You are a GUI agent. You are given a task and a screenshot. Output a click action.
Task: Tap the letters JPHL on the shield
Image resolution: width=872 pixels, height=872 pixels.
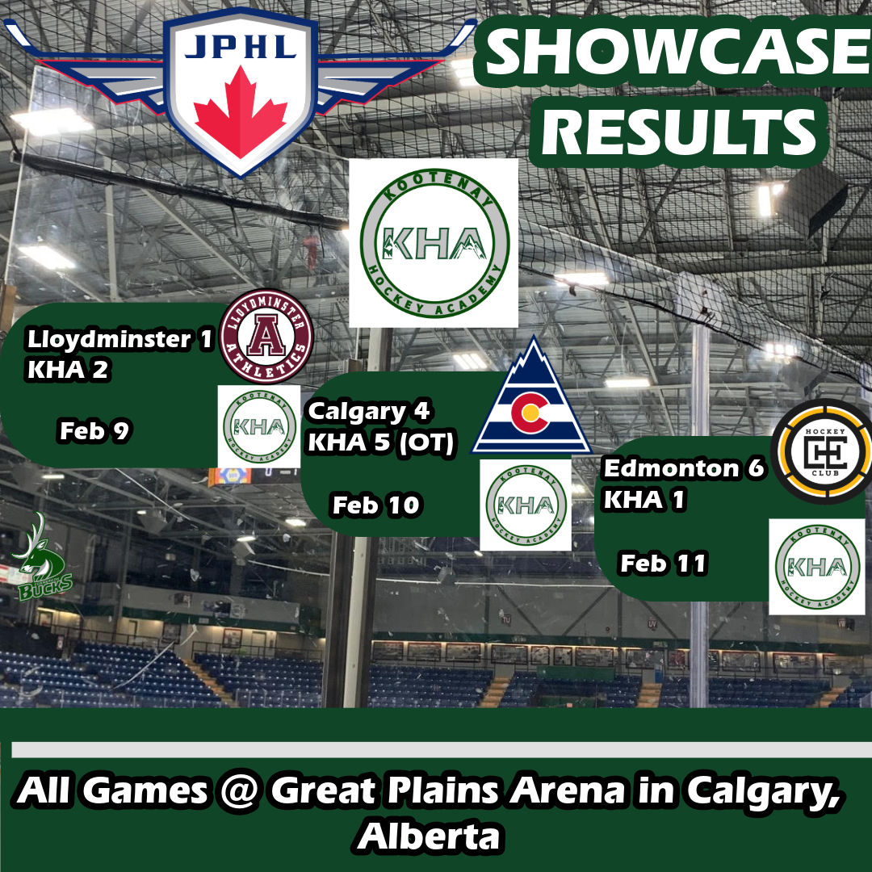click(x=241, y=48)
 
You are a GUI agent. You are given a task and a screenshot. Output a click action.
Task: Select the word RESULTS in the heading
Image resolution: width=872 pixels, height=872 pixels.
click(x=678, y=132)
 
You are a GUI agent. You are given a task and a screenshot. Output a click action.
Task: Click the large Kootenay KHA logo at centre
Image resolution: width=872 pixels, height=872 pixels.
click(x=434, y=243)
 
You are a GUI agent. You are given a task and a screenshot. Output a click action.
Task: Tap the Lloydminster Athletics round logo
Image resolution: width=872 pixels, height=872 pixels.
click(x=266, y=337)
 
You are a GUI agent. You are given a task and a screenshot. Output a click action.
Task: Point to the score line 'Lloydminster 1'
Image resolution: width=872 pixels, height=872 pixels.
click(x=119, y=339)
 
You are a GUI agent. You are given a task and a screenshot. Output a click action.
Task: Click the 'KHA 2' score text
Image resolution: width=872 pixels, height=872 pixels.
click(x=68, y=370)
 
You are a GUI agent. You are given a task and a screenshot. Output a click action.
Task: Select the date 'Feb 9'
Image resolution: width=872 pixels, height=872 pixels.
click(x=94, y=431)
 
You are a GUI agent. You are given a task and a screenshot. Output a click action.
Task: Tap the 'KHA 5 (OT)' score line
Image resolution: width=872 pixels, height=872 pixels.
click(x=381, y=443)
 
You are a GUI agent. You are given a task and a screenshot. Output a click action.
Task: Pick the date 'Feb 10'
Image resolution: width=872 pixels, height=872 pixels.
click(x=376, y=505)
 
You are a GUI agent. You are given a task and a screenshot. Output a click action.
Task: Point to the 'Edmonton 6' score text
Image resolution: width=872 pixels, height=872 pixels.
click(x=685, y=468)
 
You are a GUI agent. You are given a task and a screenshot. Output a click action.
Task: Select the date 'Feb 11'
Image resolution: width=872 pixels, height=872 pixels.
click(x=664, y=564)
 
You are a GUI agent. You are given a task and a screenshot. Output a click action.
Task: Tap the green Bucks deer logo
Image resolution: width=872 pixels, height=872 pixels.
click(x=42, y=556)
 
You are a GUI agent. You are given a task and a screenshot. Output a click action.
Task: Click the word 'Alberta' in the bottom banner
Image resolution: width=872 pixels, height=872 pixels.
click(x=429, y=836)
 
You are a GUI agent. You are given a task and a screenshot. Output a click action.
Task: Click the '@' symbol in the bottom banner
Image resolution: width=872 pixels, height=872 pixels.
click(x=239, y=790)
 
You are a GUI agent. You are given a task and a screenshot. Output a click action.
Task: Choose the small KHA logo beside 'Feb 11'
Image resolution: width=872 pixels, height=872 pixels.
click(x=817, y=567)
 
